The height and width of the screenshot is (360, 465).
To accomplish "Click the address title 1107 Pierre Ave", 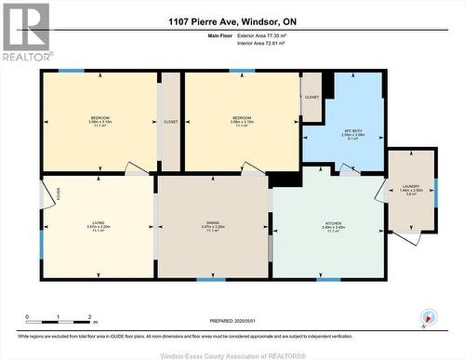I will pos(232,21).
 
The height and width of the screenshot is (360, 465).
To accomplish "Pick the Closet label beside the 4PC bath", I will pos(312,96).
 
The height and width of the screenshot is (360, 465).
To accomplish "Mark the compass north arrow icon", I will pos(427,317).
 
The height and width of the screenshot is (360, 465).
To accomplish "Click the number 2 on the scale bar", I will pos(87,316).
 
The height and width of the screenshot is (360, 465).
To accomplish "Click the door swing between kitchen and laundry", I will pos(382,190).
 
